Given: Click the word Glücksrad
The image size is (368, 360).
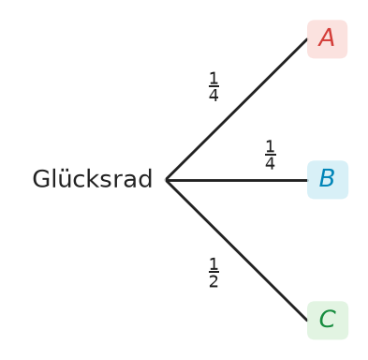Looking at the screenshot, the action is pyautogui.click(x=93, y=179).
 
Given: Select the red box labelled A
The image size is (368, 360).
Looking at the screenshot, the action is pyautogui.click(x=327, y=39).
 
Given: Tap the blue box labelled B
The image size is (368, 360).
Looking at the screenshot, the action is pyautogui.click(x=328, y=180).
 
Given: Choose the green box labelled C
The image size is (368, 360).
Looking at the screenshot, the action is pyautogui.click(x=328, y=321).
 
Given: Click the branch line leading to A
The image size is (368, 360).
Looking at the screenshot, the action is pyautogui.click(x=237, y=110).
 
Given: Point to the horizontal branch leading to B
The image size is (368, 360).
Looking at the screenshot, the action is pyautogui.click(x=237, y=180).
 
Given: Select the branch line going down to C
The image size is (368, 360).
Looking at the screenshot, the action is pyautogui.click(x=237, y=250).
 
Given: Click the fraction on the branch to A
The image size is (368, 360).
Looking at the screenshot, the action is pyautogui.click(x=213, y=86).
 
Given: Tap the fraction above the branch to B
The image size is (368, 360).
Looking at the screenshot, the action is pyautogui.click(x=270, y=155).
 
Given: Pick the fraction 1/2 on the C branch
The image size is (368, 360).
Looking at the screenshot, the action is pyautogui.click(x=213, y=273).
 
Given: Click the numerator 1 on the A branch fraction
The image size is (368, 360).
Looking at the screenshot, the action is pyautogui.click(x=213, y=78).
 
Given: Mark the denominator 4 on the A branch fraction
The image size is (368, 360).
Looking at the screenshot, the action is pyautogui.click(x=213, y=95).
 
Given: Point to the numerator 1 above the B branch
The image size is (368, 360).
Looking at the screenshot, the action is pyautogui.click(x=270, y=146).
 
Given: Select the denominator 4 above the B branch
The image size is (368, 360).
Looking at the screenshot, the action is pyautogui.click(x=270, y=163).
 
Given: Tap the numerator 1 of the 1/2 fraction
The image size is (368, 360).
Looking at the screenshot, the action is pyautogui.click(x=213, y=263).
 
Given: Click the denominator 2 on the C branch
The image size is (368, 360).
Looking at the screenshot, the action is pyautogui.click(x=213, y=281).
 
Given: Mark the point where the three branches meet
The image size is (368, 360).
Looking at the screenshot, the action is pyautogui.click(x=167, y=180).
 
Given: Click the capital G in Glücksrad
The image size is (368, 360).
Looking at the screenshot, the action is pyautogui.click(x=41, y=179).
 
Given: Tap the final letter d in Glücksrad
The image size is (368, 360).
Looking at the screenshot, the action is pyautogui.click(x=145, y=178).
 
